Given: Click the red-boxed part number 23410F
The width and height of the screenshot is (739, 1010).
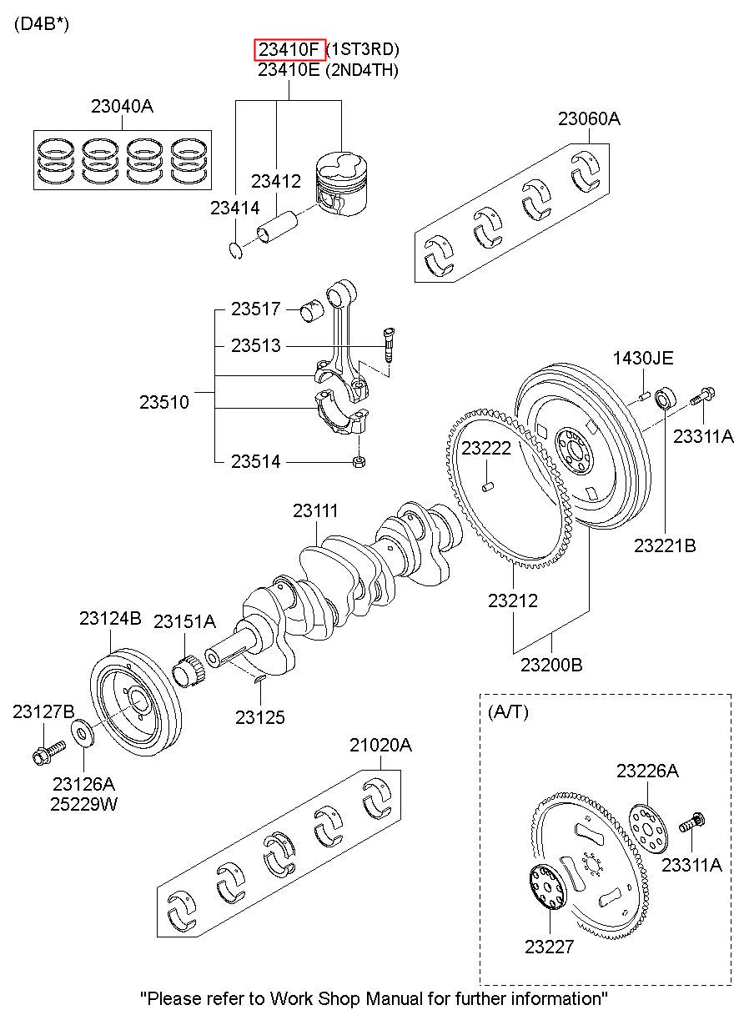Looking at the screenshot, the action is pyautogui.click(x=289, y=49).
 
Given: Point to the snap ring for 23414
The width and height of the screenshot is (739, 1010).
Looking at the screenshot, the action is pyautogui.click(x=236, y=251).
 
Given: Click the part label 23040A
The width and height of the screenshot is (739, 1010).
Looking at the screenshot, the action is pyautogui.click(x=122, y=107).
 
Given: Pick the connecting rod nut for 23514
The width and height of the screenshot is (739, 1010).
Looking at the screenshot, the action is pyautogui.click(x=359, y=461).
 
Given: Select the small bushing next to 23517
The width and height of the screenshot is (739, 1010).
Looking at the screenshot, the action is pyautogui.click(x=312, y=309).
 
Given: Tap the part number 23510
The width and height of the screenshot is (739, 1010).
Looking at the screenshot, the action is pyautogui.click(x=164, y=402).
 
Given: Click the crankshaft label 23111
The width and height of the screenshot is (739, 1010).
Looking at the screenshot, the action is pyautogui.click(x=315, y=511).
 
